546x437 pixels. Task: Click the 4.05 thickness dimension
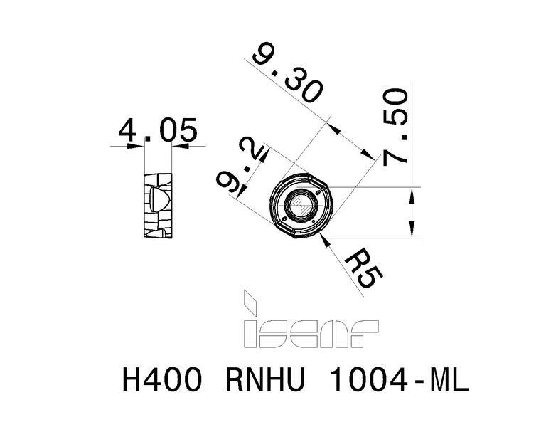click(158, 130)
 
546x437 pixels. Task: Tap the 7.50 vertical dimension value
click(395, 127)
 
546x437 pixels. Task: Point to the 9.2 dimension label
click(240, 166)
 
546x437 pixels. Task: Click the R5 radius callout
click(363, 268)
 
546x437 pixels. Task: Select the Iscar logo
click(310, 319)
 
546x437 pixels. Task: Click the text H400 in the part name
click(162, 380)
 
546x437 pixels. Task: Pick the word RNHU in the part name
click(265, 380)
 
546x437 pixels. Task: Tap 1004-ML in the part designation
click(398, 380)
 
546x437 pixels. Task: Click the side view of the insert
click(158, 205)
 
